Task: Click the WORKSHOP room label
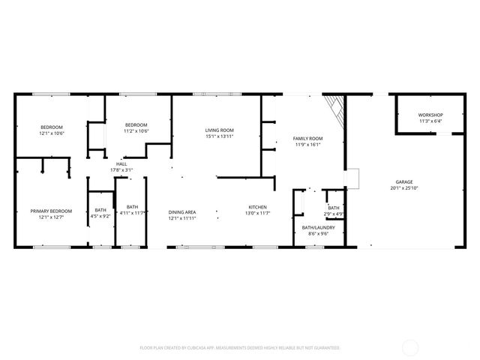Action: point(430,115)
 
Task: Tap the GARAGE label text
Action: point(404,182)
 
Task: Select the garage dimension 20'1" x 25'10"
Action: point(404,188)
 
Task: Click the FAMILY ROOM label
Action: point(307,139)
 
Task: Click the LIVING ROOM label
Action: point(220,130)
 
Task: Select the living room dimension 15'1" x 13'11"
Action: point(220,136)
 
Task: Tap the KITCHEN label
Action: point(258,207)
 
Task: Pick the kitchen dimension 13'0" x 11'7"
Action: point(258,213)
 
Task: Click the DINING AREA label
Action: point(181,212)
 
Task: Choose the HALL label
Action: point(121,164)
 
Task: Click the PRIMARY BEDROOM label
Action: point(51,211)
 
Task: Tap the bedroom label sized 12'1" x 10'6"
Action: point(52,127)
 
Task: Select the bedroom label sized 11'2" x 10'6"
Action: point(136,124)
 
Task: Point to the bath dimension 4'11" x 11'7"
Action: point(132,213)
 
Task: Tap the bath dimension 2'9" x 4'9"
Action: point(334,214)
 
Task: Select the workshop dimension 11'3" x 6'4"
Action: point(430,121)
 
